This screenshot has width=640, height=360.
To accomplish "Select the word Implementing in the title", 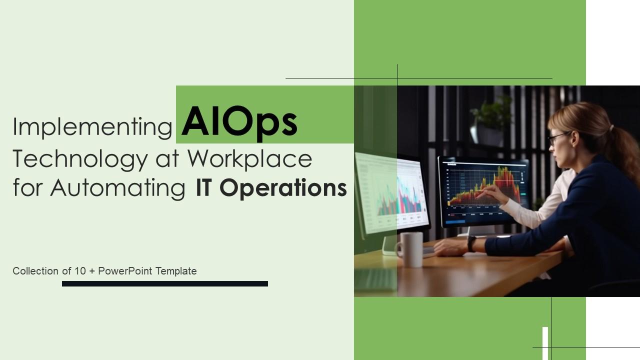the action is [x=92, y=127].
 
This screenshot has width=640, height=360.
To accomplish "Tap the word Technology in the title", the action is [x=80, y=159].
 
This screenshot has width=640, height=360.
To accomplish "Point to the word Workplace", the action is [x=249, y=159].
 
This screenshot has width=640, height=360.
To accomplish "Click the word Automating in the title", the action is [x=118, y=189].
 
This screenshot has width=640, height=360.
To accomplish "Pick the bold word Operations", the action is [x=283, y=188].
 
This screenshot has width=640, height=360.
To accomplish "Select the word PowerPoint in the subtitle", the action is [x=125, y=271].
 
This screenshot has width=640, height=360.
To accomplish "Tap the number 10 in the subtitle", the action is [x=80, y=271].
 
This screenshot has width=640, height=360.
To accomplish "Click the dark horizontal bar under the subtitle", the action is [x=165, y=283].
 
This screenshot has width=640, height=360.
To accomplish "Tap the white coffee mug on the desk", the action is [x=410, y=249].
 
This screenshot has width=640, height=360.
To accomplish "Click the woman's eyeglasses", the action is [x=557, y=137].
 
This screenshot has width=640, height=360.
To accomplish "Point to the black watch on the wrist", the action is [x=471, y=243].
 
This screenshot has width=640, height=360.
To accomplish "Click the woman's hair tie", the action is [x=611, y=127].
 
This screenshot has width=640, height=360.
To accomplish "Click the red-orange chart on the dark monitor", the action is [x=485, y=186].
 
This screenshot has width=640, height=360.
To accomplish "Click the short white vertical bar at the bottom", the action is [x=545, y=343].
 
